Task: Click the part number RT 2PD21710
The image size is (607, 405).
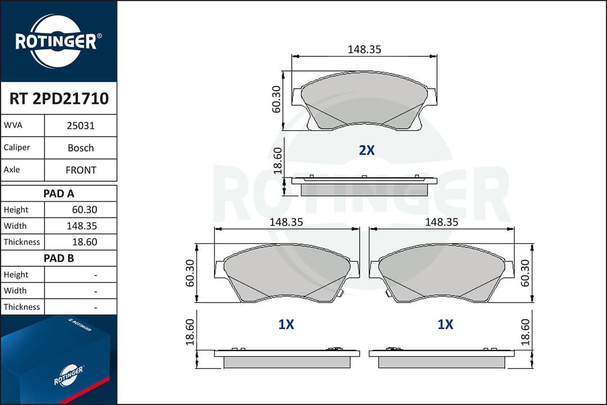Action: [x=59, y=98]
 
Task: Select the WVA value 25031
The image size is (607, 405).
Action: [x=80, y=125]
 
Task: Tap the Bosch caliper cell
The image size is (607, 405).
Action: [x=80, y=148]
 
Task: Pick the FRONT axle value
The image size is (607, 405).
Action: [x=80, y=170]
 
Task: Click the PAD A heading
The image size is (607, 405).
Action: [x=59, y=193]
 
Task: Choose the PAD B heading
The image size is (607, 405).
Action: [x=59, y=258]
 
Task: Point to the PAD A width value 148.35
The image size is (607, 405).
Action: [x=81, y=226]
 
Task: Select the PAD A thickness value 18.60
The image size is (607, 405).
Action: [x=84, y=242]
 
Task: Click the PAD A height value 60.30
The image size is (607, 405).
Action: [x=84, y=210]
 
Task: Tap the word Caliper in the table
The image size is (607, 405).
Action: [x=17, y=147]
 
